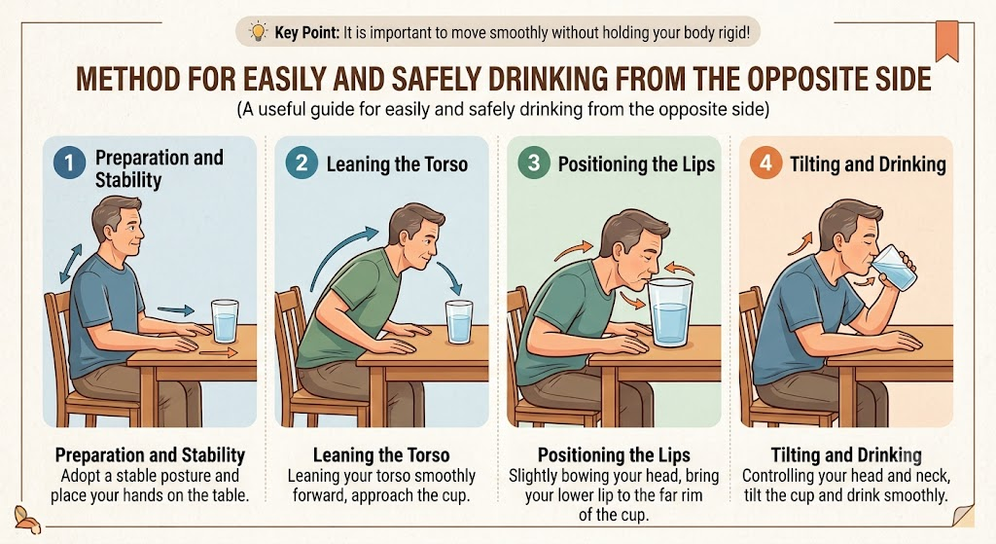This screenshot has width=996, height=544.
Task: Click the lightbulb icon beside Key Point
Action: [258, 31]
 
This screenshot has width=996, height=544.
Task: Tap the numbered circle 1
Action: [69, 163]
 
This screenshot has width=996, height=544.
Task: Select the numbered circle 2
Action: [302, 163]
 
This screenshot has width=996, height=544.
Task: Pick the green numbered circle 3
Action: [534, 163]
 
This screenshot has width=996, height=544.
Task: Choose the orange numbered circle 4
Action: [765, 163]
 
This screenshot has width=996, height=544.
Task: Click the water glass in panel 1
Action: [225, 320]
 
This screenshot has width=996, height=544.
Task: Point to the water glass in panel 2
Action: [459, 321]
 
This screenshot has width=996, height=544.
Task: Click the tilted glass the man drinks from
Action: [896, 267]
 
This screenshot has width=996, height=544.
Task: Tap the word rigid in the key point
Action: [733, 32]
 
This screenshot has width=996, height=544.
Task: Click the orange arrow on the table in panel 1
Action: [219, 352]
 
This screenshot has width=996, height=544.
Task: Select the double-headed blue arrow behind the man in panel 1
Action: [70, 264]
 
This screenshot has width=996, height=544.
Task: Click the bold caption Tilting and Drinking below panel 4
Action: [846, 455]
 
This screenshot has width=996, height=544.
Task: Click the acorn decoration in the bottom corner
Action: [27, 520]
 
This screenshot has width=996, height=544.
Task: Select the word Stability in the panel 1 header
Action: [128, 180]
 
